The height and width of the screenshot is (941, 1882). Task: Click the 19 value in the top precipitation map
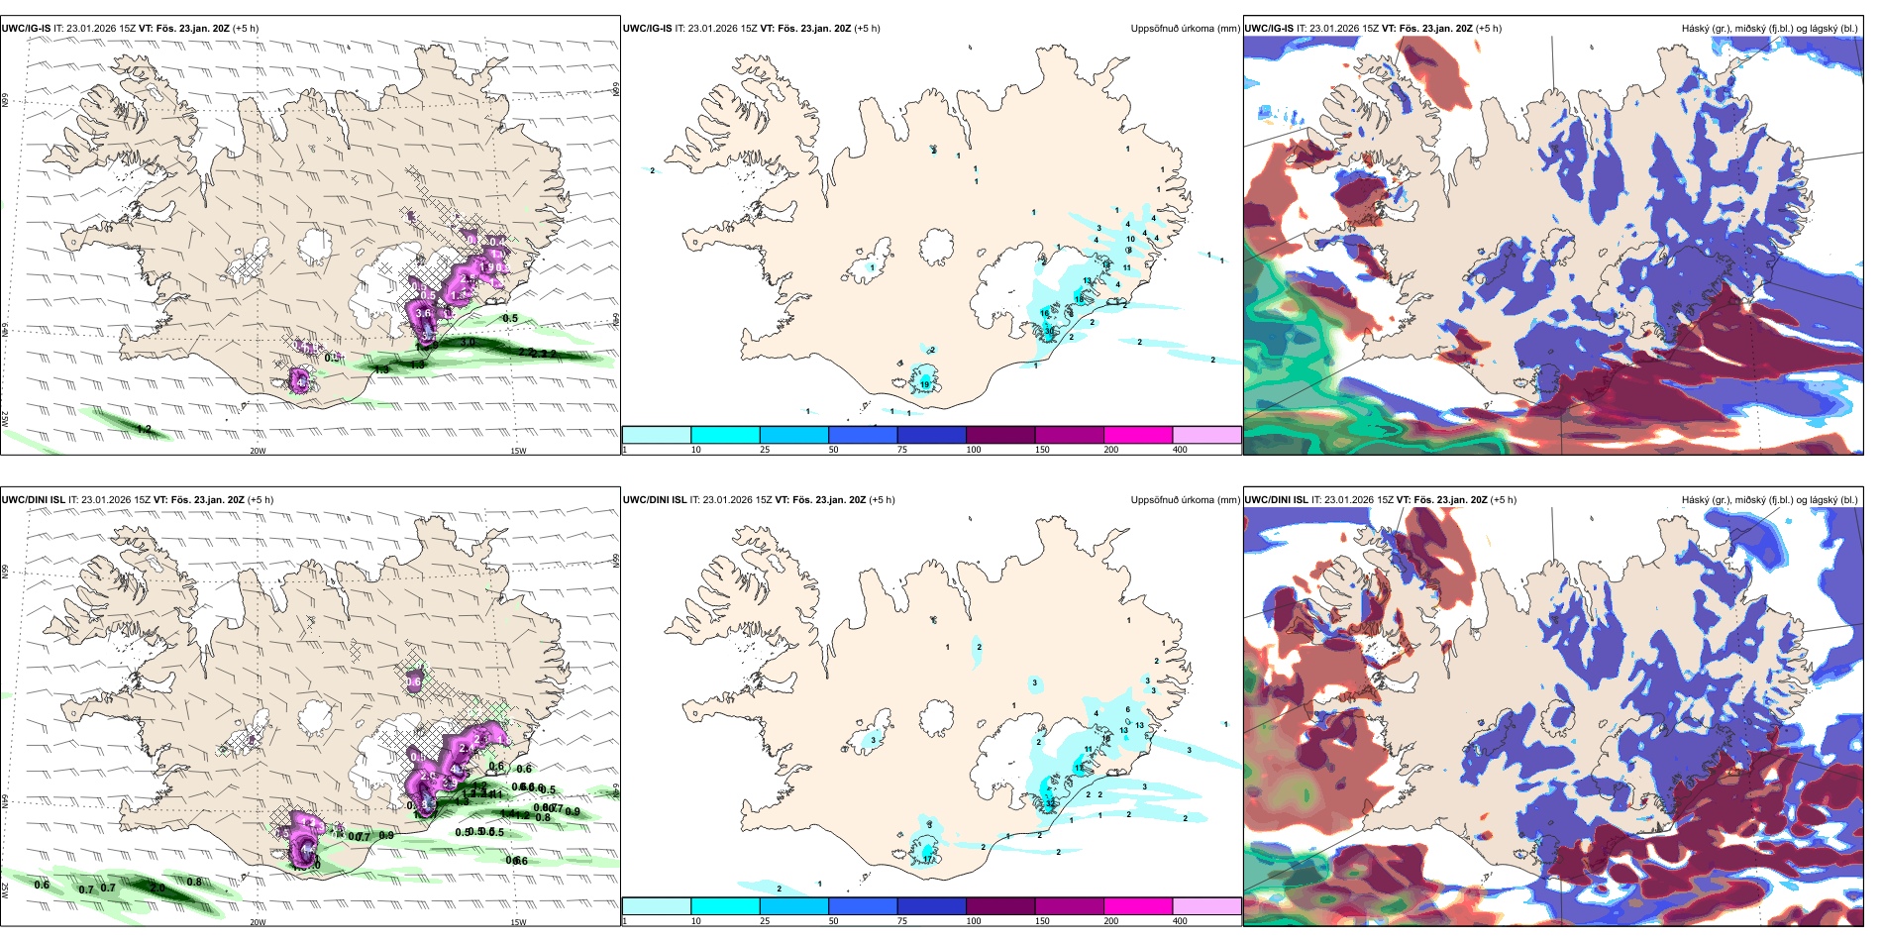tap(925, 384)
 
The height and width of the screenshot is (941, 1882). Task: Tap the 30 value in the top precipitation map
tap(1049, 332)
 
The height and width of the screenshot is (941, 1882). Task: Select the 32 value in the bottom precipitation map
tap(1050, 803)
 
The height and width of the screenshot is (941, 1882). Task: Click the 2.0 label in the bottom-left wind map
tap(157, 888)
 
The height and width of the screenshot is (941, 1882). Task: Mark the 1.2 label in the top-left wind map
tap(144, 429)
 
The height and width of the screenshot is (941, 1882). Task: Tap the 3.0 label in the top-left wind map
tap(469, 343)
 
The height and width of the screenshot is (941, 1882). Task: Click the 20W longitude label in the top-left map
tap(258, 451)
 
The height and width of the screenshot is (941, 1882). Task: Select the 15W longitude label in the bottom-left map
tap(518, 922)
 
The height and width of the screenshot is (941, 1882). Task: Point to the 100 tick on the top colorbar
tap(974, 450)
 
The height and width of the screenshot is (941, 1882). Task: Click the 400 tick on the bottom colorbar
tap(1180, 921)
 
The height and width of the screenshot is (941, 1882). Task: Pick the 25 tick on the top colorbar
tap(765, 450)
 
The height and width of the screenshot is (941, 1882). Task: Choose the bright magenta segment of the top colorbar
tap(1137, 435)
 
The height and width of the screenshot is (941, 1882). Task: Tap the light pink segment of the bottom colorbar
tap(1206, 906)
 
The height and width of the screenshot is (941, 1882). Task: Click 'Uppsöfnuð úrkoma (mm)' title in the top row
tap(1185, 29)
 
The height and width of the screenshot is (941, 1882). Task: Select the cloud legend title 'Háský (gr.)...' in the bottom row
tap(1769, 500)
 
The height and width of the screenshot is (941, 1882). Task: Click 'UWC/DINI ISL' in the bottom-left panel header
tap(33, 500)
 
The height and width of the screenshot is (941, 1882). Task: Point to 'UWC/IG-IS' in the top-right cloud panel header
tap(1269, 29)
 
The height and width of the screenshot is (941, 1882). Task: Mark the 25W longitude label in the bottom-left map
tap(5, 889)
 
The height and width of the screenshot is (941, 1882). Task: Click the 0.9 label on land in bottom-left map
tap(386, 836)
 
